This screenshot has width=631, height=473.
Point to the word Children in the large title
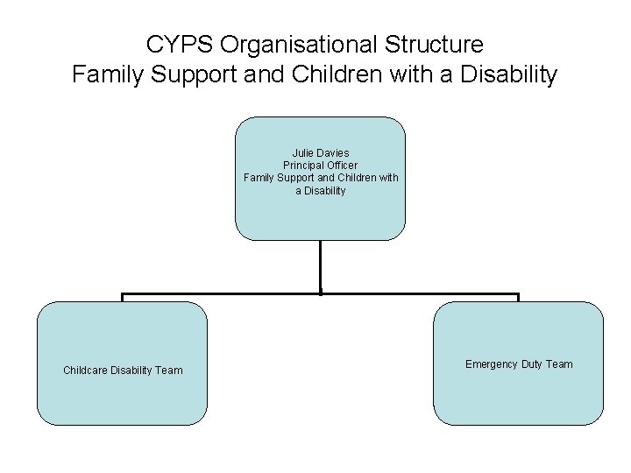click(330, 75)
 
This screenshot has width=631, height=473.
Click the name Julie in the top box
click(303, 153)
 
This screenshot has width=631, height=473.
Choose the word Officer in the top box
click(341, 166)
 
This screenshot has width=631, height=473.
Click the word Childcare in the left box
click(85, 371)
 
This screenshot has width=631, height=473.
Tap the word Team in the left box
click(170, 371)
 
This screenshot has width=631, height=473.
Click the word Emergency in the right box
click(492, 364)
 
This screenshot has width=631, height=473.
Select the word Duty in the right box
click(532, 364)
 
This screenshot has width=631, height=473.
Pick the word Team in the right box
click(559, 364)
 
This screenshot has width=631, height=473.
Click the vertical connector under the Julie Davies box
click(321, 266)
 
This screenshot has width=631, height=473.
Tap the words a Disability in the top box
click(321, 190)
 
